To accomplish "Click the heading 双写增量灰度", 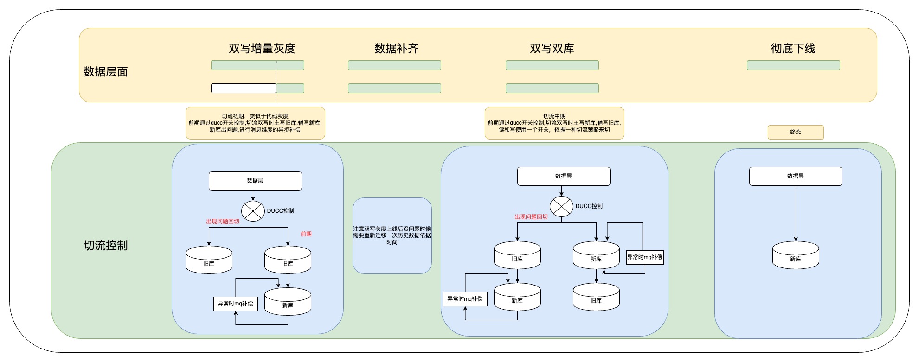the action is tap(262, 48).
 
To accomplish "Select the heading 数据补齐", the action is tap(396, 48).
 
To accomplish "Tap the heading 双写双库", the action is tap(552, 48).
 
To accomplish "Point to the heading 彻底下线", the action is tap(793, 48).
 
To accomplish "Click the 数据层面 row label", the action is tap(105, 71).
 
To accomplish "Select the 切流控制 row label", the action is tap(105, 245).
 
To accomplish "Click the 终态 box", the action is tap(796, 132).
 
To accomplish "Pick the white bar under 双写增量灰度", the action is tap(244, 88).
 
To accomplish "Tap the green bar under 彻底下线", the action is tap(793, 65).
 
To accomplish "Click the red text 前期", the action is tap(306, 234).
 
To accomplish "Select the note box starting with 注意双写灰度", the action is tap(392, 235).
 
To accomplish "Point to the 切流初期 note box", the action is tap(255, 123).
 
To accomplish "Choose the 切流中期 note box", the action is tap(554, 123).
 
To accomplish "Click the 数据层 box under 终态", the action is tap(796, 176).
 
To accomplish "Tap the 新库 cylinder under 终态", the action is tap(796, 255).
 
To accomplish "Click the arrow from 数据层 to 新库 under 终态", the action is tap(796, 213).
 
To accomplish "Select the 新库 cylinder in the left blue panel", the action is tap(288, 301).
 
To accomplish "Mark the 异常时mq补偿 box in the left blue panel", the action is tap(236, 304).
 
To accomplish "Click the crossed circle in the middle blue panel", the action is tap(561, 207).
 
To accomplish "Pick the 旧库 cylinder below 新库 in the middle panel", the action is tap(596, 297).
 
